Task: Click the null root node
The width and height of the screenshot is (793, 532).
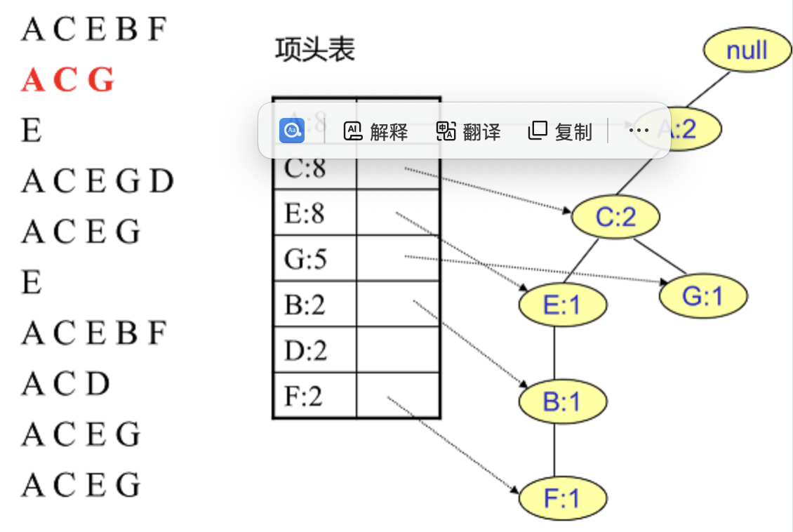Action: [x=747, y=51]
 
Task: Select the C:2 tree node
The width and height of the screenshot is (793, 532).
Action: [x=615, y=218]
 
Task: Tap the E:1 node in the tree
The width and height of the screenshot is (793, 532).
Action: [x=563, y=305]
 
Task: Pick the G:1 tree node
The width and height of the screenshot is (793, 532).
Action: [x=702, y=296]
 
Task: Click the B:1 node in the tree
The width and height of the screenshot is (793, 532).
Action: [x=562, y=402]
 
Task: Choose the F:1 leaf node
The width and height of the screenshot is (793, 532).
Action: [x=562, y=498]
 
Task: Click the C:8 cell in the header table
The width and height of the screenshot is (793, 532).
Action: [x=306, y=168]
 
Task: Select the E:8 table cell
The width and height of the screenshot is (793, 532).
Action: [x=305, y=213]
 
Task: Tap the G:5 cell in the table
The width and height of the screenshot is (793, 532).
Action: [x=306, y=259]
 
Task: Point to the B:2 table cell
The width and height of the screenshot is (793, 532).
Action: [x=305, y=305]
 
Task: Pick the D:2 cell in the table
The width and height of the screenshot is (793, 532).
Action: [x=306, y=350]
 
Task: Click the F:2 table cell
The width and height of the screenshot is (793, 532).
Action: [x=304, y=396]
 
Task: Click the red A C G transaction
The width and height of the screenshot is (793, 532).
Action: [x=67, y=81]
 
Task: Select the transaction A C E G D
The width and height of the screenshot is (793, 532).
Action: [x=97, y=182]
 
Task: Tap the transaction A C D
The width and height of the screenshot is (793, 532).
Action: [x=66, y=383]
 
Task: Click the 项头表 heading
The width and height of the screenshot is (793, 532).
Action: [x=315, y=50]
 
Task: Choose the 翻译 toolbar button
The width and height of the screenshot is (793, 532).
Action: [x=468, y=131]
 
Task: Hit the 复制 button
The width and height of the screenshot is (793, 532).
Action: [x=560, y=131]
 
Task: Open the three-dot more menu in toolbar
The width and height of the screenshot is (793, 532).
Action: [x=639, y=131]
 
